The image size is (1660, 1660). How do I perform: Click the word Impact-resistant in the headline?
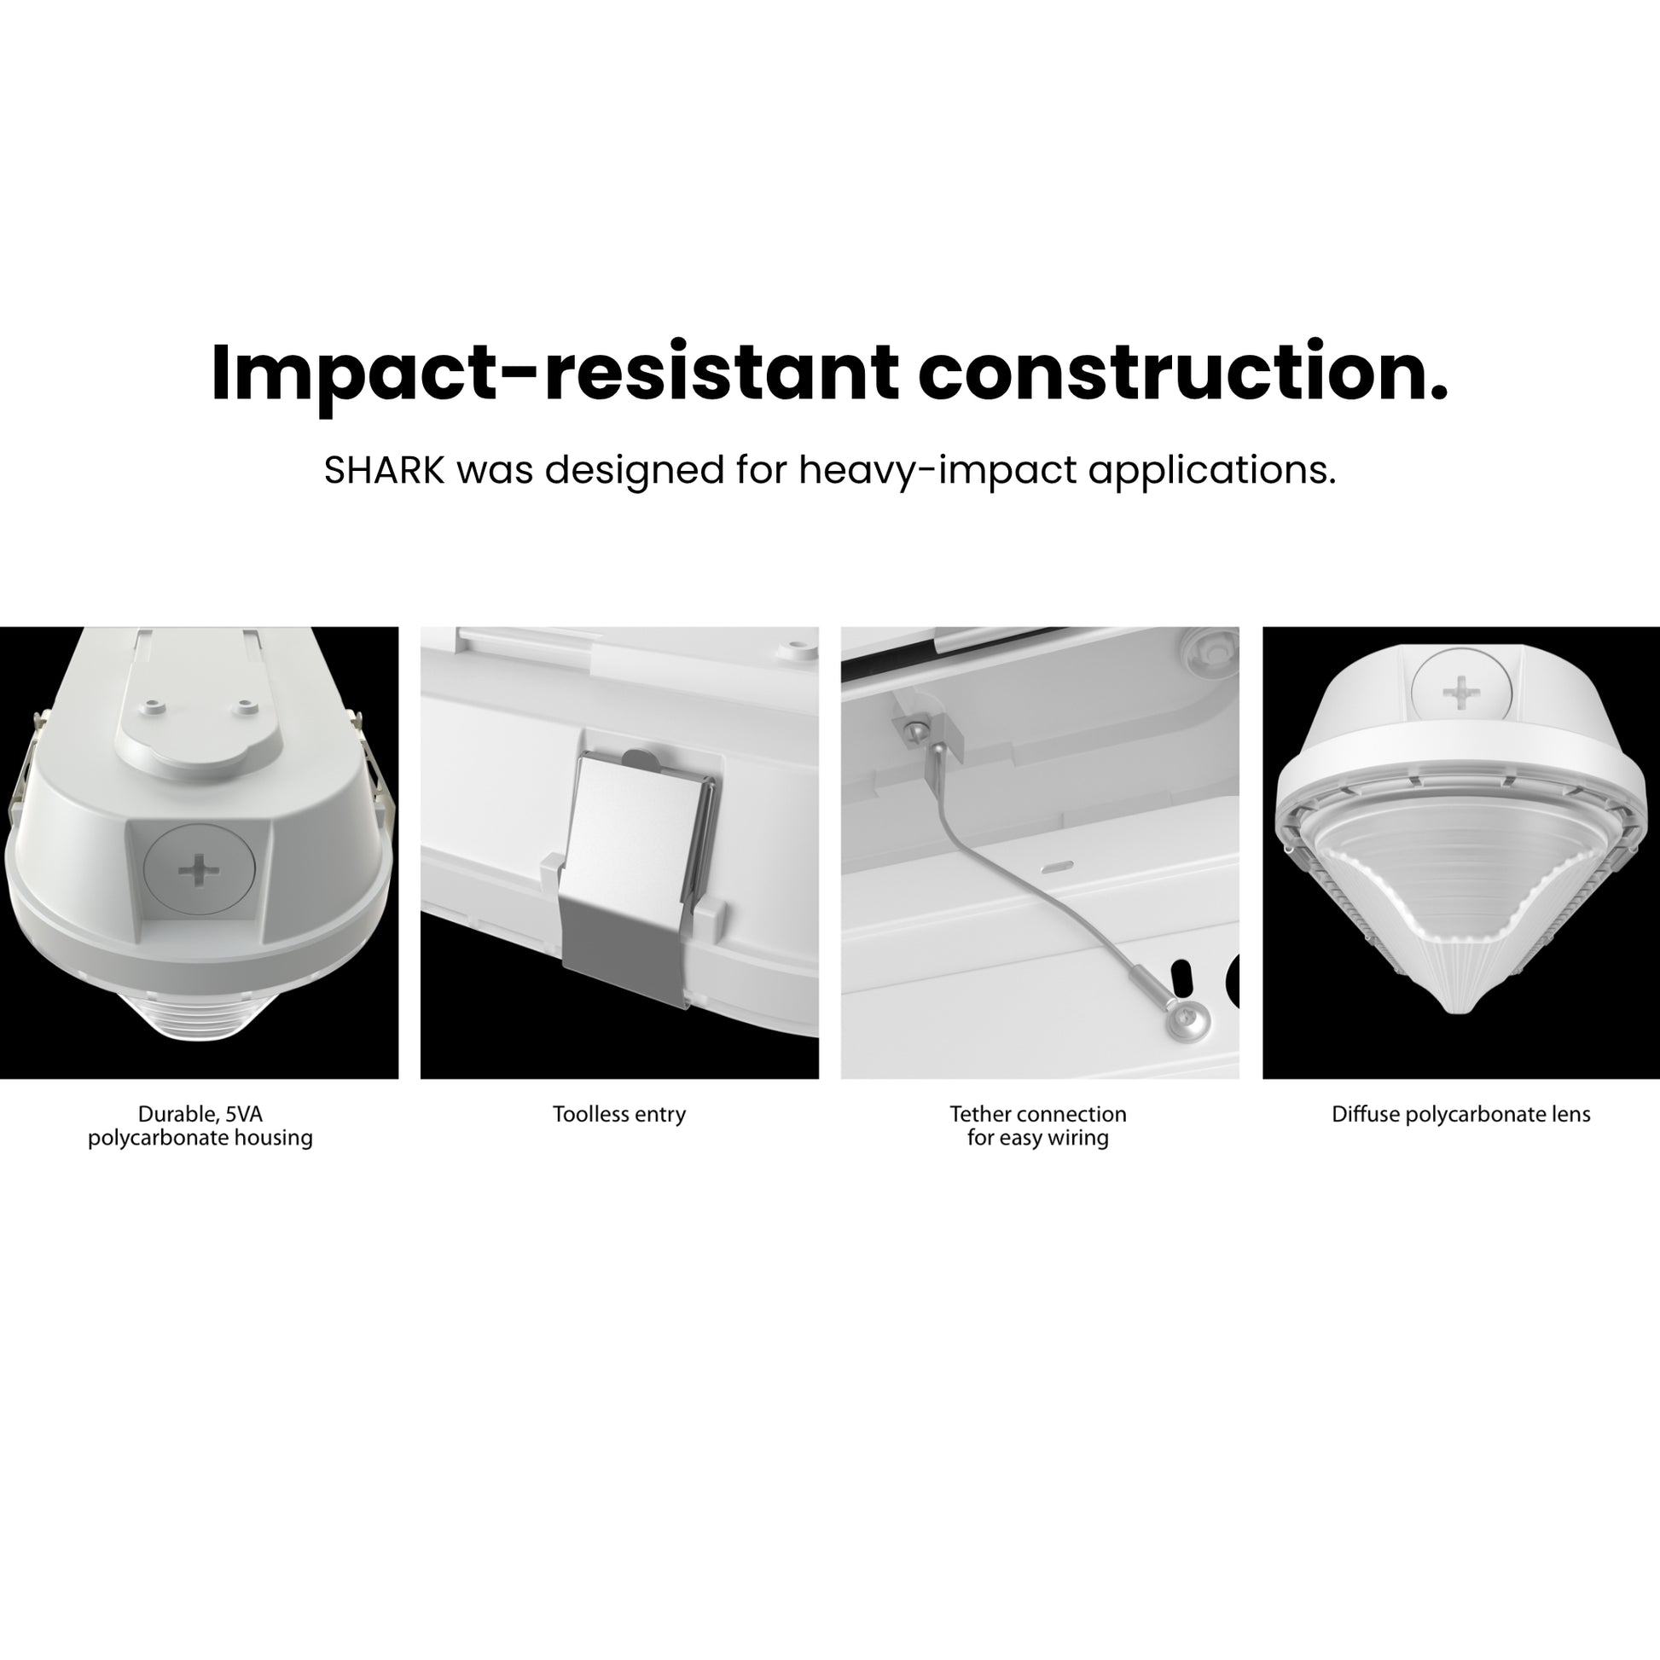click(x=554, y=373)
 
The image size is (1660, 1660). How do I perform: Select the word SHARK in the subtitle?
click(x=384, y=471)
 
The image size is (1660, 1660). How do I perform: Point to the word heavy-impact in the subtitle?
click(x=937, y=472)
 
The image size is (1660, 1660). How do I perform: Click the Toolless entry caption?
click(x=619, y=1115)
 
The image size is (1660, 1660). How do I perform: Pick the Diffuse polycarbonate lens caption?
click(x=1460, y=1115)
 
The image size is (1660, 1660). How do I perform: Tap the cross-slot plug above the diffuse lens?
click(x=1460, y=693)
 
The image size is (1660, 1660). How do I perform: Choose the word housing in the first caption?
click(x=274, y=1139)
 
